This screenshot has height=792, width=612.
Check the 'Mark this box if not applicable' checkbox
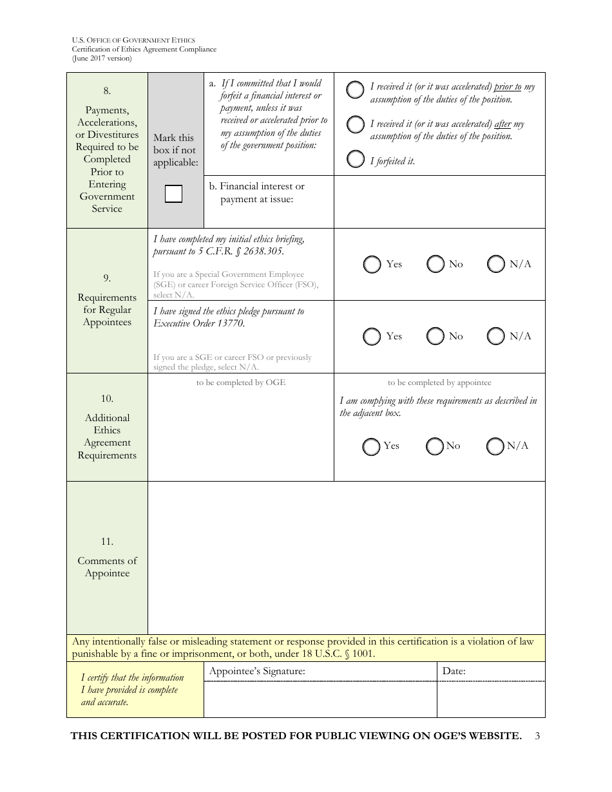173,194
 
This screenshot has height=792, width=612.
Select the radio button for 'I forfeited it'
355,160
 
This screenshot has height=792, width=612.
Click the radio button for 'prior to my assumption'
355,90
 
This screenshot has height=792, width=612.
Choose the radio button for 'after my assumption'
355,125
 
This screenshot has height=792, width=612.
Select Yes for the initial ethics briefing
372,265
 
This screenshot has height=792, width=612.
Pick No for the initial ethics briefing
436,264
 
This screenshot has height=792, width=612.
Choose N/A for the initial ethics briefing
495,264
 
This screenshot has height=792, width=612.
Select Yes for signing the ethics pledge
372,336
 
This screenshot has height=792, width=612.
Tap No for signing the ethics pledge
436,336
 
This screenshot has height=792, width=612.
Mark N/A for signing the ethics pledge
495,336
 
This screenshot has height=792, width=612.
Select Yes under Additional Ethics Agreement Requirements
370,446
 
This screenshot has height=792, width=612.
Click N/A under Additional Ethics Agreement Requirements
495,446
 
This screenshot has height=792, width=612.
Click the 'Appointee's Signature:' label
257,672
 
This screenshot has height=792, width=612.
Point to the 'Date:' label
454,672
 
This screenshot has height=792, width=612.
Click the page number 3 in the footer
537,736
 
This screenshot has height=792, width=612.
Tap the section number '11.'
107,542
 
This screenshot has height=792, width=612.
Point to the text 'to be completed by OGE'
240,382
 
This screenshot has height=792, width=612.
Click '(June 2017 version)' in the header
102,58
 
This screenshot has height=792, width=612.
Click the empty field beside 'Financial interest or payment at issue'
439,202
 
